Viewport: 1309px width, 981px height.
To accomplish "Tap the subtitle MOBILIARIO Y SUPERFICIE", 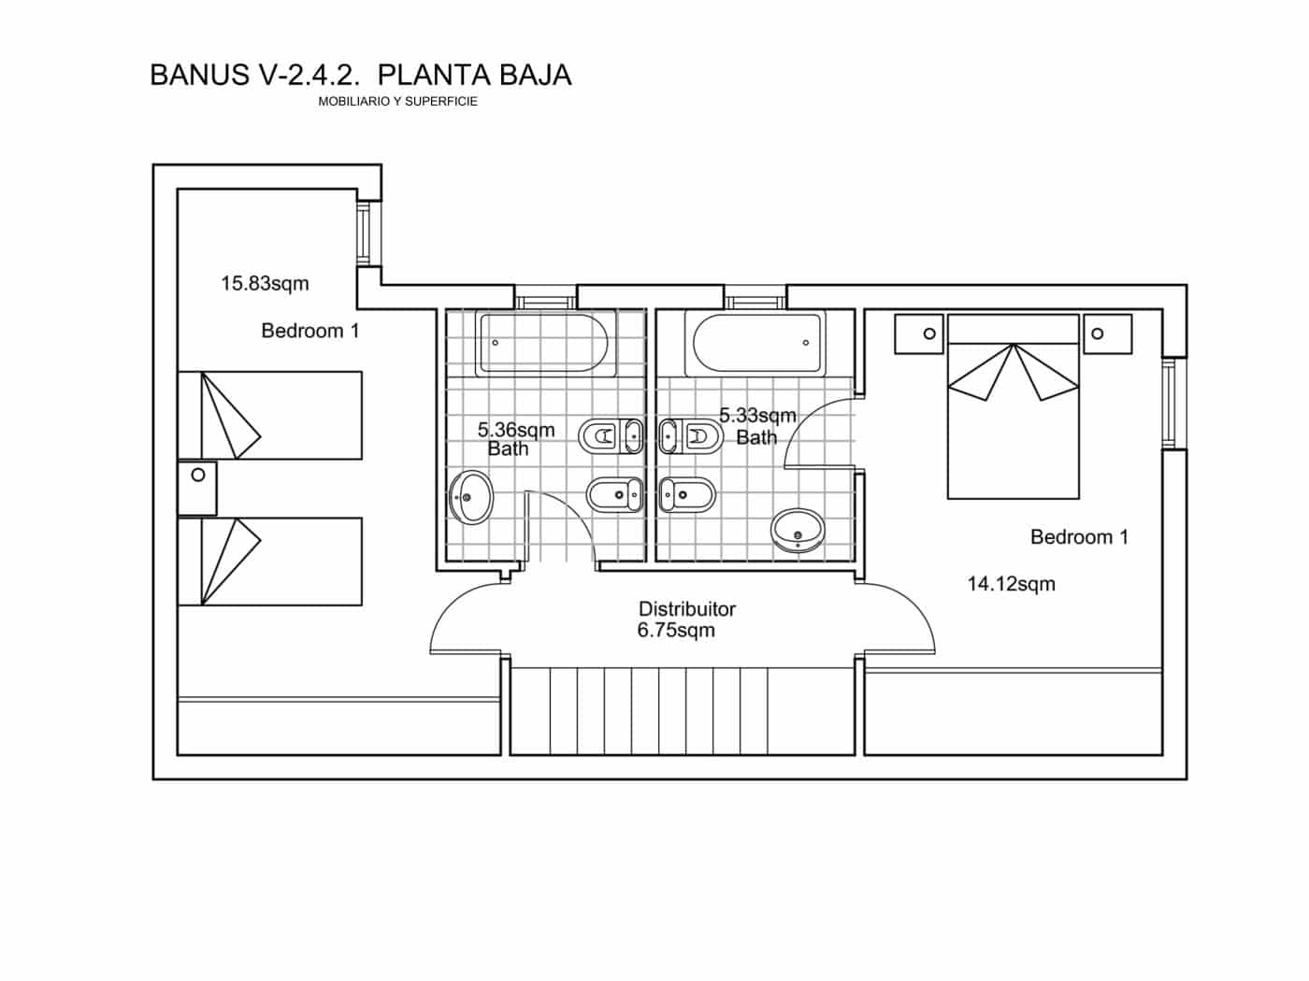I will [x=397, y=101].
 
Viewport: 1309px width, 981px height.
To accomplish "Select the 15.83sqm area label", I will [x=265, y=283].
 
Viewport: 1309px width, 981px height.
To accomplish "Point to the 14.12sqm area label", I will [x=1011, y=584].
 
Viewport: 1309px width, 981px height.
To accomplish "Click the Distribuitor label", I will [x=686, y=609].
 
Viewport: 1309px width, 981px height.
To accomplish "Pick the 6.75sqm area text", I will [x=676, y=631].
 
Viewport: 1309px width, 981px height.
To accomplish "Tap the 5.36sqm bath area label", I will [x=516, y=430].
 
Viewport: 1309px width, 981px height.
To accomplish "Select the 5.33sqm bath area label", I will [x=757, y=415].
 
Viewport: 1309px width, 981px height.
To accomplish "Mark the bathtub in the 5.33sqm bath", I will [x=756, y=344].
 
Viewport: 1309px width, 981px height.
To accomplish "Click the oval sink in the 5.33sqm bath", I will [x=798, y=530].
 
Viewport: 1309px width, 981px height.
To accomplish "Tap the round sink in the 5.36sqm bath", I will [x=470, y=497].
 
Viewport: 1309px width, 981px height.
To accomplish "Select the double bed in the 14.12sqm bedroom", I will [x=1013, y=406].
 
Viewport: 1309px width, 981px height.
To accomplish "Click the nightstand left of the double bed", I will [x=918, y=334].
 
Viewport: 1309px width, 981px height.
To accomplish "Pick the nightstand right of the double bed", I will [x=1108, y=334].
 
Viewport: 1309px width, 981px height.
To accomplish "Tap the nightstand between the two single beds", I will [x=197, y=488].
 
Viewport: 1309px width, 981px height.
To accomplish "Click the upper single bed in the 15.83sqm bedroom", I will [x=269, y=416].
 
